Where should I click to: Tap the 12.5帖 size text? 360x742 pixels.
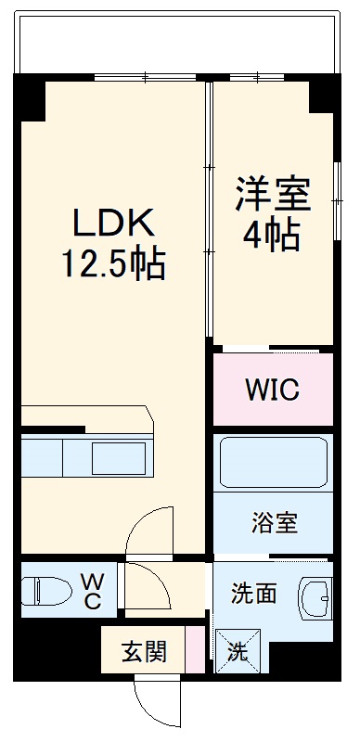point(112,265)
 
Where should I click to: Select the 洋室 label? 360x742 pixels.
point(271,195)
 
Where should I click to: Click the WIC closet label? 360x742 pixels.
point(272,390)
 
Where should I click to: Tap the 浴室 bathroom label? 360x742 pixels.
point(274,523)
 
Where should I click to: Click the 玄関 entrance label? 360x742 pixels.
point(144,651)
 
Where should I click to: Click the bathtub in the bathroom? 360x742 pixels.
point(274,461)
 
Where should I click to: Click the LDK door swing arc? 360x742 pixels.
point(148,533)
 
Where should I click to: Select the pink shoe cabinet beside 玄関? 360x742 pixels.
point(194,650)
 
